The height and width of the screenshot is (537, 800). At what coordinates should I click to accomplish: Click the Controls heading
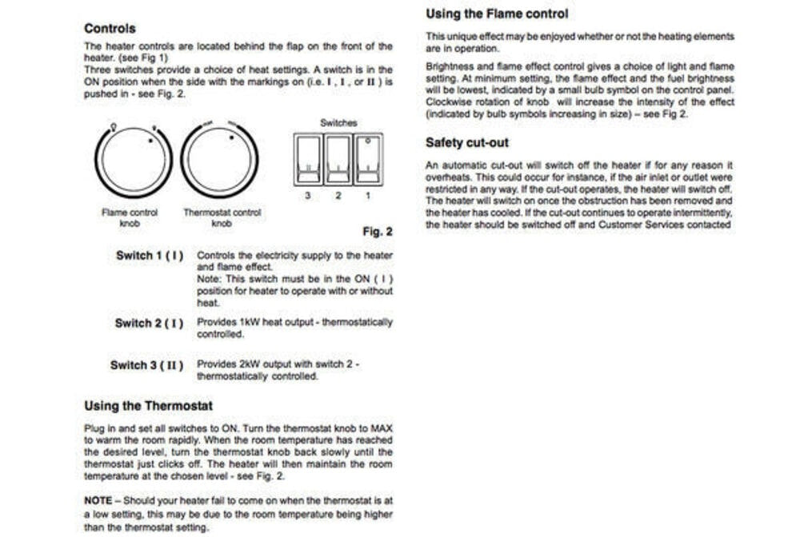click(110, 29)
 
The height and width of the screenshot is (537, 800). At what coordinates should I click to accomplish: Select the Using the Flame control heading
click(497, 14)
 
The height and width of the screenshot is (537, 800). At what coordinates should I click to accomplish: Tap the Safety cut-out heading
click(467, 143)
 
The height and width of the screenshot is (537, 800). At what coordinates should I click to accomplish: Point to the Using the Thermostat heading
click(148, 406)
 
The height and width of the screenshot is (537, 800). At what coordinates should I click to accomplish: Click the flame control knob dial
click(133, 160)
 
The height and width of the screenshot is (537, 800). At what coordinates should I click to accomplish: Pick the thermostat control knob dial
click(218, 160)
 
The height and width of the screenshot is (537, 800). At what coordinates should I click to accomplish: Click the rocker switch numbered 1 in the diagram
click(368, 160)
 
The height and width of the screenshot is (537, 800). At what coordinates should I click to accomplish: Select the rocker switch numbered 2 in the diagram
click(338, 160)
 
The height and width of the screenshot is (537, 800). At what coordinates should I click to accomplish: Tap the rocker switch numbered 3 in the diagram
click(308, 160)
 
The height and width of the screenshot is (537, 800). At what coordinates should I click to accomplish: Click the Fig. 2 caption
click(378, 232)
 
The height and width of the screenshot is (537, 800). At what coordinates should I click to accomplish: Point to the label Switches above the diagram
click(338, 123)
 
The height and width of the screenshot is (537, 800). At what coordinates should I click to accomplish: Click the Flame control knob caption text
click(130, 218)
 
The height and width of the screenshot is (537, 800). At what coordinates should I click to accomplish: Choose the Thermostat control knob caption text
click(222, 218)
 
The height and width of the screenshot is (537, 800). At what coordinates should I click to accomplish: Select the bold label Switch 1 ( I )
click(150, 256)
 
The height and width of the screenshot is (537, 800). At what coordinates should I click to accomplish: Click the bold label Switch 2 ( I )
click(149, 323)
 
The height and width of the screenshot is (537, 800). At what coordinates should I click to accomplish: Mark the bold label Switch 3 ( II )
click(146, 365)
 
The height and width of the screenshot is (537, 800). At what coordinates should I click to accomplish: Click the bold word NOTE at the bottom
click(98, 500)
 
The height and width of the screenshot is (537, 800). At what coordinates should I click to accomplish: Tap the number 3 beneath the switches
click(308, 196)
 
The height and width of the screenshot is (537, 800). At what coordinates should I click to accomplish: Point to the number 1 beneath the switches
click(368, 196)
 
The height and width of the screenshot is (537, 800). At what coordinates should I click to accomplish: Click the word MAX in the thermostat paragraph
click(382, 428)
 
